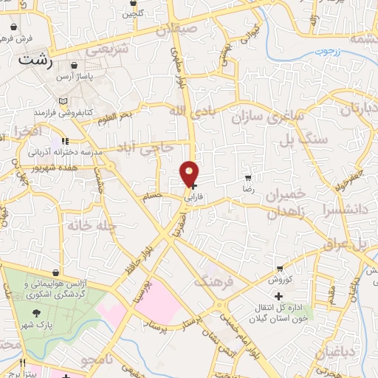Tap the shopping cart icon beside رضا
tap(249, 177)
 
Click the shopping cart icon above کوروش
tap(280, 269)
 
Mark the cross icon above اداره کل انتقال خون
tap(278, 296)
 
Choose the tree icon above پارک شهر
tap(36, 315)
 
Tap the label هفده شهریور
tap(56, 168)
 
